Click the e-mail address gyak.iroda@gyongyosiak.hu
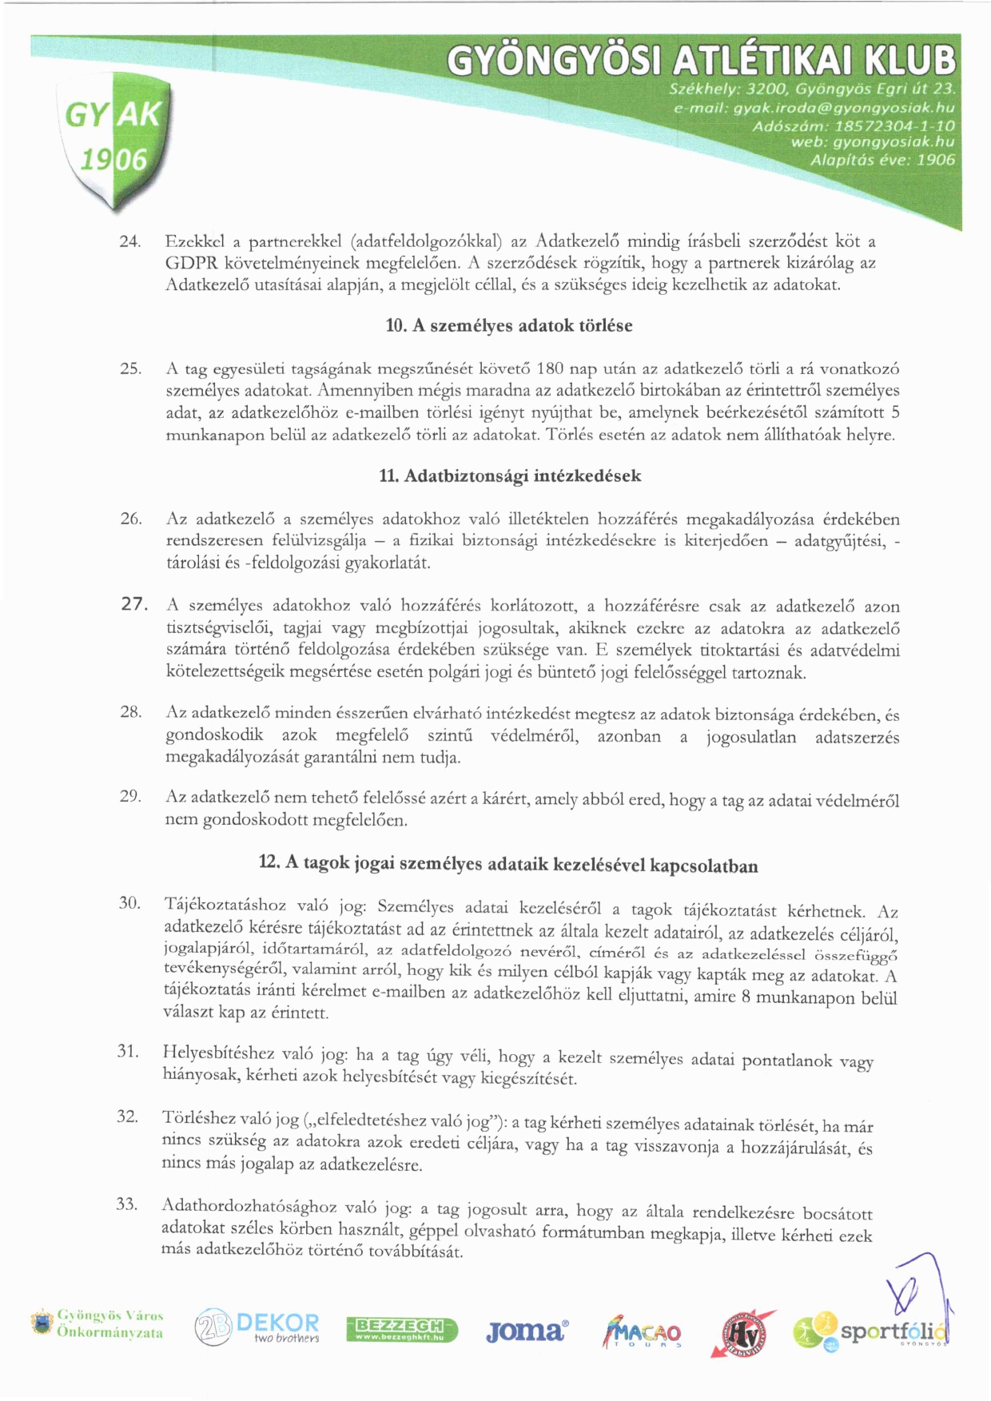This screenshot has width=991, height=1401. point(844,107)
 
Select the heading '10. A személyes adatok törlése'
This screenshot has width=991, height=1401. point(509,326)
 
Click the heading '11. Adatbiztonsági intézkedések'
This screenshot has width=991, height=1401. point(510,476)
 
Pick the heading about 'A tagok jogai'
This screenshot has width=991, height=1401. point(508,864)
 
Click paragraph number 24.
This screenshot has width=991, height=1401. point(130,241)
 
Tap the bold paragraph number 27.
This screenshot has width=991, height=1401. point(135,604)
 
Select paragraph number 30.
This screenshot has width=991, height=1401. point(129,903)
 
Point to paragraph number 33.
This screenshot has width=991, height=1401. point(127,1204)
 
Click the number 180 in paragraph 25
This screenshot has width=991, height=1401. point(551,368)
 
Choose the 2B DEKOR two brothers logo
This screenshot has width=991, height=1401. point(257,1328)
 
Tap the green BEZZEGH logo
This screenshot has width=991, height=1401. point(402,1330)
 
